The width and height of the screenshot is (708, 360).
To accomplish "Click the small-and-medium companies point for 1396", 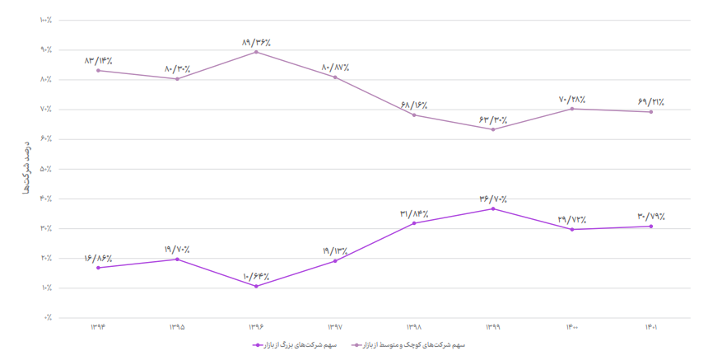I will tap(256, 52).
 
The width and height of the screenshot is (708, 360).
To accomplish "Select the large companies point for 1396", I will tap(256, 286).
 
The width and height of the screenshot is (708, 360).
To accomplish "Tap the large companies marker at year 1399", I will tap(493, 208).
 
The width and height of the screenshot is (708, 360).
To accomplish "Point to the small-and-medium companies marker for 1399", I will tap(493, 129).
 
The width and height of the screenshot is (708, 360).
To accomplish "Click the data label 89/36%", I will tap(256, 42).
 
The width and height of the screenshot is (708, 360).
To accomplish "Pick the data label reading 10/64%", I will tap(256, 276).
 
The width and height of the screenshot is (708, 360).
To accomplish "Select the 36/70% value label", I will tap(493, 199).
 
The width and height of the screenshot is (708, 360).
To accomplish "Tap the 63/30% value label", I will tap(493, 119).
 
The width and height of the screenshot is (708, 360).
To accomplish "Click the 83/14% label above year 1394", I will tap(98, 60).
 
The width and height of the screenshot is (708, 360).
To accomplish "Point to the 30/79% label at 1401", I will tap(651, 217).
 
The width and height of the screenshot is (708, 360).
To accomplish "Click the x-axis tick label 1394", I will tap(98, 327).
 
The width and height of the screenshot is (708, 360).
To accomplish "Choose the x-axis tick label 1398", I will tap(414, 327).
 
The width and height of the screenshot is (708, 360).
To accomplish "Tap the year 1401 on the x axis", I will tap(651, 327).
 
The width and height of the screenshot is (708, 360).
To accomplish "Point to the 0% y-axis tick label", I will tap(48, 317).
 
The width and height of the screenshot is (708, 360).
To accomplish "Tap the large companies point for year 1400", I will tap(572, 229).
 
